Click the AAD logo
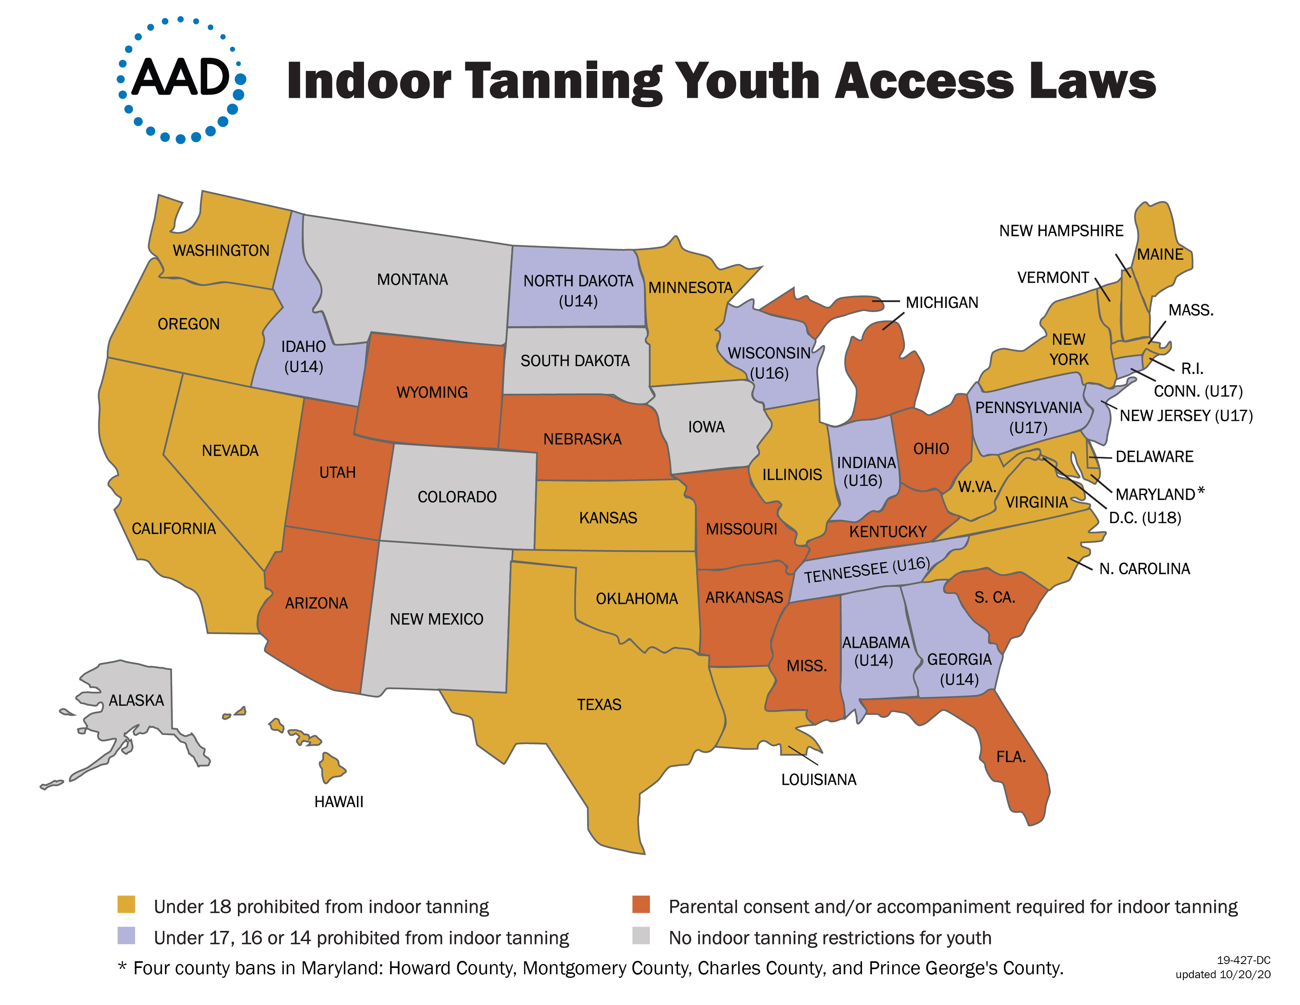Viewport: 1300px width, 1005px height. [181, 80]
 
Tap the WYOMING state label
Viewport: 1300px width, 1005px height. [432, 393]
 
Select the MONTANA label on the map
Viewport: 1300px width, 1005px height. [412, 279]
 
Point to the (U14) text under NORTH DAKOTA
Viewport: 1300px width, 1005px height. [578, 301]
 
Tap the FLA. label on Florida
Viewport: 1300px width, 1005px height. [1011, 757]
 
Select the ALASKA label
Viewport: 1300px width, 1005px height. [136, 700]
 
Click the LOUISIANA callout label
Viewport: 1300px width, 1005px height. [819, 779]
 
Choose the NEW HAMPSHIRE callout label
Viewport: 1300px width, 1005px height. [1061, 231]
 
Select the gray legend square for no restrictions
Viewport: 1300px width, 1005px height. [641, 935]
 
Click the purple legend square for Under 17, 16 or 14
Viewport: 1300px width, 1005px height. [126, 935]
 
